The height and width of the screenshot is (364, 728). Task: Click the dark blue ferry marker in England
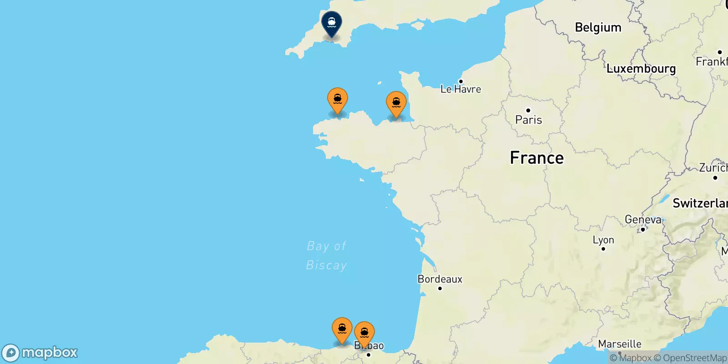[332, 23]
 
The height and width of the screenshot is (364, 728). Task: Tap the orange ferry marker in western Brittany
[338, 99]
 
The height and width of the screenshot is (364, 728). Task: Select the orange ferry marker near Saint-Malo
[396, 103]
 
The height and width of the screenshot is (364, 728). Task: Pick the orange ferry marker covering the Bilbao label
[364, 333]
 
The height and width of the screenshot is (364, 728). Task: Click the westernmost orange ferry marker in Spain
[342, 329]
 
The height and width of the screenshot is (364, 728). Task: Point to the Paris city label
[528, 120]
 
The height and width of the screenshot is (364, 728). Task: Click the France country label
[536, 158]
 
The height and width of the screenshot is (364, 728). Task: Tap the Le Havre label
[460, 89]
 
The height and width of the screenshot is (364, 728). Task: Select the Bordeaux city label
[440, 279]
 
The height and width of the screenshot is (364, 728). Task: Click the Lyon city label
[603, 240]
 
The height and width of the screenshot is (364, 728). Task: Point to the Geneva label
[643, 220]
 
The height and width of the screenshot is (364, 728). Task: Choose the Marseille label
[620, 344]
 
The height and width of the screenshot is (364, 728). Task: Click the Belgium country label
[598, 27]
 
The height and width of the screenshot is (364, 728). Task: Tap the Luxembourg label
[641, 69]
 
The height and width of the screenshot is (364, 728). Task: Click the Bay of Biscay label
[326, 255]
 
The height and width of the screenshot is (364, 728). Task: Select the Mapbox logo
[40, 353]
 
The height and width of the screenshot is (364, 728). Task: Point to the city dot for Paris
[528, 110]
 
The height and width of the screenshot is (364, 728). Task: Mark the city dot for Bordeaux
[440, 288]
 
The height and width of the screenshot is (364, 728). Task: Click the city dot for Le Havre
[460, 81]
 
